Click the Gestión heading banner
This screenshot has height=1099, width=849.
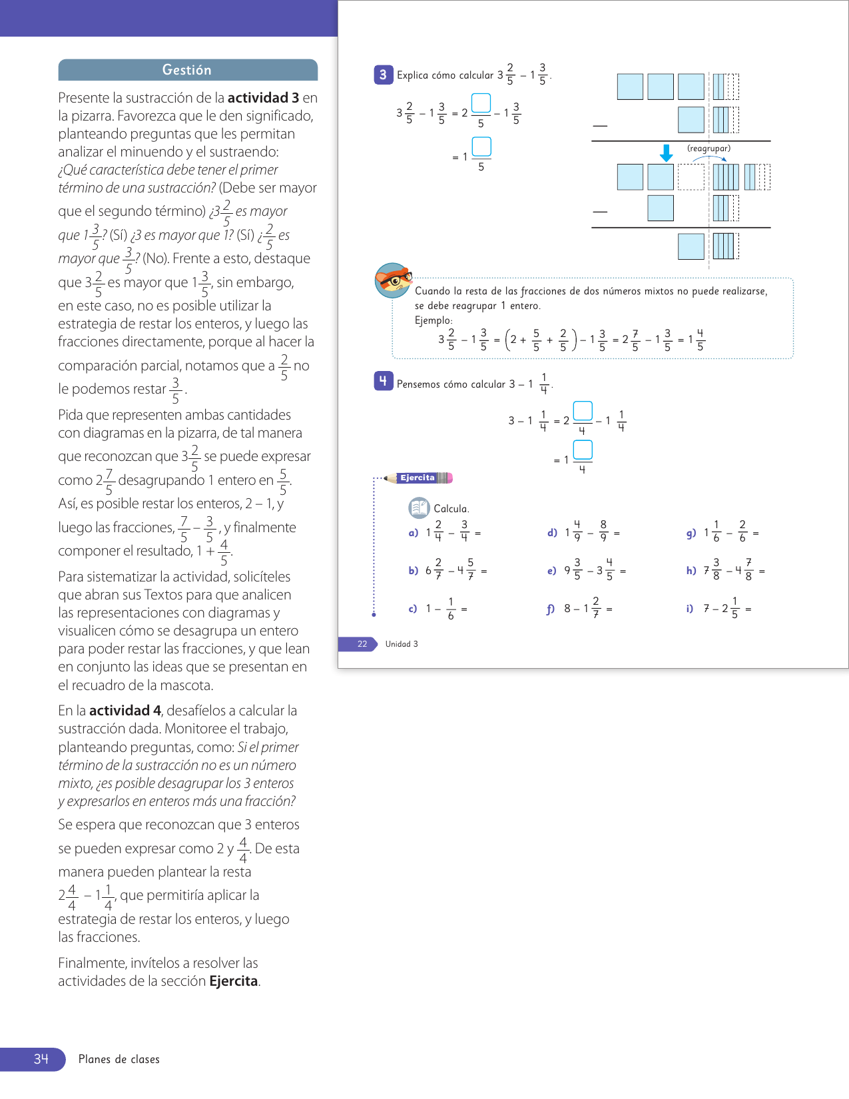coord(187,70)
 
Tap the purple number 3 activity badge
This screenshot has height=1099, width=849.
coord(383,75)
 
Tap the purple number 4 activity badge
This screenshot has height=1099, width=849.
coord(383,381)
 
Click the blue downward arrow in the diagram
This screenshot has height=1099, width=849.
coord(666,153)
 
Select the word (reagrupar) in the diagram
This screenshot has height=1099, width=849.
coord(708,149)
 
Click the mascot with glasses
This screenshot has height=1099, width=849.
coord(393,280)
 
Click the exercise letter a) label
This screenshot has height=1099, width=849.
coord(414,533)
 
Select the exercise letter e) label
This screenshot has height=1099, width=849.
coord(552,571)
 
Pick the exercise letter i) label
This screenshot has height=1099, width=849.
coord(690,608)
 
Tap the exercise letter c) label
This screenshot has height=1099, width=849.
coord(413,609)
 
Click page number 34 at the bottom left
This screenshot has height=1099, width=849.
coord(41,1059)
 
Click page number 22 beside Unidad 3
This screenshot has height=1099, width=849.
coord(362,644)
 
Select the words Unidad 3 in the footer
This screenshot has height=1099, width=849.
coord(402,644)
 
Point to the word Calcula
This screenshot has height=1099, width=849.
coord(451,509)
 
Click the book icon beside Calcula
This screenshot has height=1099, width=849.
coord(419,508)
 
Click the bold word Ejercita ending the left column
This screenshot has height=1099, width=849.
coord(234,981)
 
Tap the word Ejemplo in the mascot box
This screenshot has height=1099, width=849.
coord(433,320)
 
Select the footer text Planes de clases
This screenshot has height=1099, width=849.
coord(119,1059)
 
